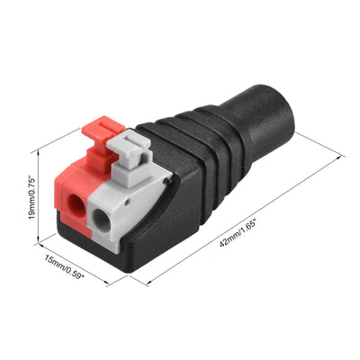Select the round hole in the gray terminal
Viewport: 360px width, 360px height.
pyautogui.click(x=102, y=220)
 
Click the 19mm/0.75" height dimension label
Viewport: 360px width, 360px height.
pyautogui.click(x=32, y=198)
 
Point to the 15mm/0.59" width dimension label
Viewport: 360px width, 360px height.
pyautogui.click(x=64, y=267)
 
